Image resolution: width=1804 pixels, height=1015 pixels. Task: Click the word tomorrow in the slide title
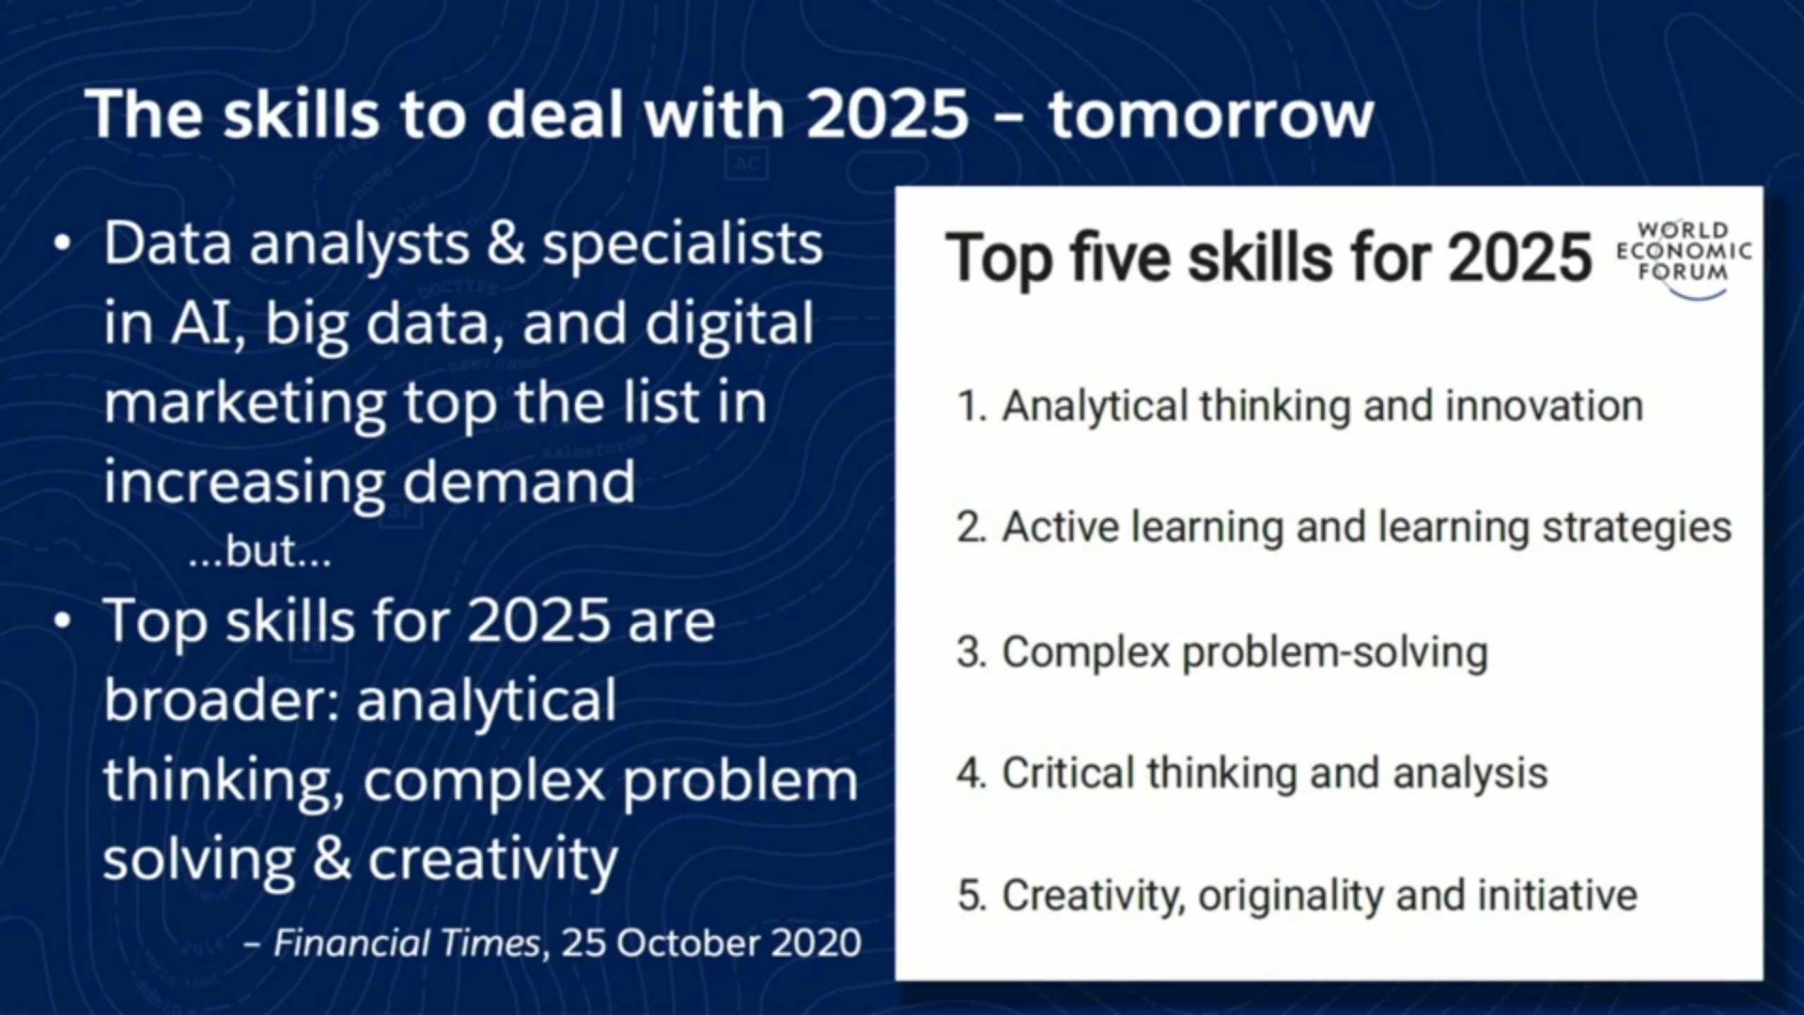click(1211, 115)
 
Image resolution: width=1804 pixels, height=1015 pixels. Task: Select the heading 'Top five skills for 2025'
click(1268, 258)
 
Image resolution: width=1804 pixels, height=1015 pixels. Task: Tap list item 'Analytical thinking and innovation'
click(1300, 406)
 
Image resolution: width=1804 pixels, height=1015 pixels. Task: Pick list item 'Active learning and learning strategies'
click(1344, 527)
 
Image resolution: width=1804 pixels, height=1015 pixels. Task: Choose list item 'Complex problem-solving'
click(1222, 652)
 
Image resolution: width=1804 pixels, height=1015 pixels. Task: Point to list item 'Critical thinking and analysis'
click(1252, 773)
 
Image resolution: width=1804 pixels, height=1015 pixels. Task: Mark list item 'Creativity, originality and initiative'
click(1298, 895)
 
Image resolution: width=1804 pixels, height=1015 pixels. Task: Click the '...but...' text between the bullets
click(260, 551)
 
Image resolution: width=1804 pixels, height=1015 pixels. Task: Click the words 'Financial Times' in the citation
click(407, 943)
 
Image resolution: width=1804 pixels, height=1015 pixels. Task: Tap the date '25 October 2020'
click(711, 943)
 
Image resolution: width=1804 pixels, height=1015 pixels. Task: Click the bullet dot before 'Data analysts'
click(62, 242)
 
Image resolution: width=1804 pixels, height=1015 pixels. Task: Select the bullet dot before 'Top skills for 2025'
click(62, 621)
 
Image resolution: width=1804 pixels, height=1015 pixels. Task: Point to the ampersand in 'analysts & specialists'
click(505, 243)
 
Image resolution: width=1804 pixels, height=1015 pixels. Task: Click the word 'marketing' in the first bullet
click(245, 404)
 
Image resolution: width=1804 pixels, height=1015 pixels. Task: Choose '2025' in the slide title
click(888, 115)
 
